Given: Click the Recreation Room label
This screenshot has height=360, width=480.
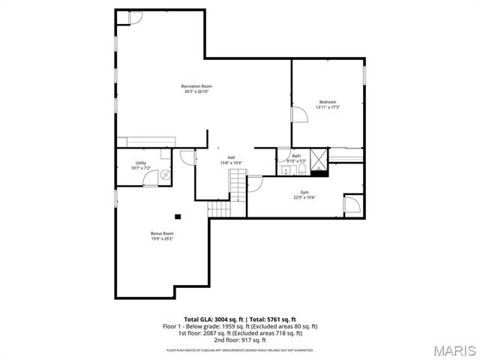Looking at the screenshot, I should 196,86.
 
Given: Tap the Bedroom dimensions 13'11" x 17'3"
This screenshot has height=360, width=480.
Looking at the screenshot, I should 328,107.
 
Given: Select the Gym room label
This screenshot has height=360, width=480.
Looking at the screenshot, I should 304,193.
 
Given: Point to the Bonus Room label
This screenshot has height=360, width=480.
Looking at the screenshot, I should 162,233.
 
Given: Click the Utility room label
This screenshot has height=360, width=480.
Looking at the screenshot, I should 141,163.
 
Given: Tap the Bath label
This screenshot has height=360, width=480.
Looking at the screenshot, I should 296,156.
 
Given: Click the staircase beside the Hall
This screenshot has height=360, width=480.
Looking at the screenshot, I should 238,184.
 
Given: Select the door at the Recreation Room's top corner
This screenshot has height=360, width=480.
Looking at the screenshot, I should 136,17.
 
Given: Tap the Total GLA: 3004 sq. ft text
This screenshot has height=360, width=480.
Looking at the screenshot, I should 214,319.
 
